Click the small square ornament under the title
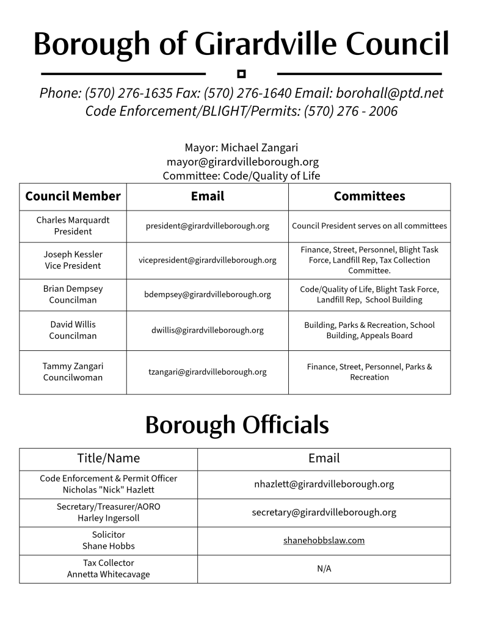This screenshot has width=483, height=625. [x=241, y=74]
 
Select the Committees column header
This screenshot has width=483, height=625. [x=369, y=196]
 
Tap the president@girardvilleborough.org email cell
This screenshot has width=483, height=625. [x=207, y=226]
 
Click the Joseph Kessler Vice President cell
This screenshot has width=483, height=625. [x=73, y=260]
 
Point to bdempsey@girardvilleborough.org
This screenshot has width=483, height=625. [x=207, y=294]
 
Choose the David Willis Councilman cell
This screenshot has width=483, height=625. [x=73, y=330]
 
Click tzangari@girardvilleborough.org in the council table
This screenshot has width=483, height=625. [x=207, y=372]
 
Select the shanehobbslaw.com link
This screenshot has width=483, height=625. [x=324, y=540]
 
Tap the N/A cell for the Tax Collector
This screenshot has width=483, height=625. [x=324, y=569]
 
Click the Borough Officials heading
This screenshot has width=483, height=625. [x=237, y=425]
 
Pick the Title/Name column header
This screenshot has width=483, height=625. [x=108, y=458]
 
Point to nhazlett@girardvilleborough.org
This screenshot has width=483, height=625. [x=324, y=484]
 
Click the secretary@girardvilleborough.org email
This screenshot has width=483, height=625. [x=324, y=512]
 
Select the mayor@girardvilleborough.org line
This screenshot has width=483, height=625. [x=242, y=162]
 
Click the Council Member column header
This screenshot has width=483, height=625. [x=73, y=196]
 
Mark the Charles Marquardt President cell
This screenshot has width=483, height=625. [x=73, y=226]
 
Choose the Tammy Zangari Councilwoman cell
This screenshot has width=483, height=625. [x=73, y=372]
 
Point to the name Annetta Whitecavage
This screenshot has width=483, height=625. [x=108, y=574]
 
